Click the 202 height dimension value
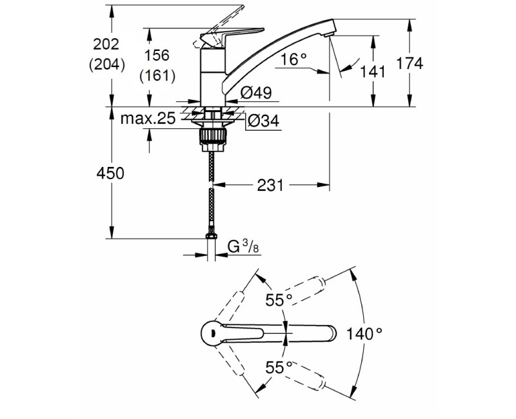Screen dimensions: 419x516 (x=106, y=45)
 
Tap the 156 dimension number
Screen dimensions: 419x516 (x=157, y=57)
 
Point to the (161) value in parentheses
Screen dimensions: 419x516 (x=157, y=75)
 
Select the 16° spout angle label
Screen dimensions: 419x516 (x=293, y=60)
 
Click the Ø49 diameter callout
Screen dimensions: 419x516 (x=255, y=93)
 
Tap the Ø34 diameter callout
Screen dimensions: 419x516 (x=263, y=121)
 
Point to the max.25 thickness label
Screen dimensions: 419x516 (x=148, y=119)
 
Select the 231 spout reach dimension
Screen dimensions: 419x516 (x=271, y=186)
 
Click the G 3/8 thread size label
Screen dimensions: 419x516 (x=246, y=246)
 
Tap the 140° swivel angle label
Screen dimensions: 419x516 (x=364, y=334)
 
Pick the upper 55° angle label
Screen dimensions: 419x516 (x=279, y=299)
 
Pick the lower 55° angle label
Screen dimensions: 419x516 (x=279, y=367)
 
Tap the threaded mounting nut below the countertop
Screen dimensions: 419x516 (x=212, y=136)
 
